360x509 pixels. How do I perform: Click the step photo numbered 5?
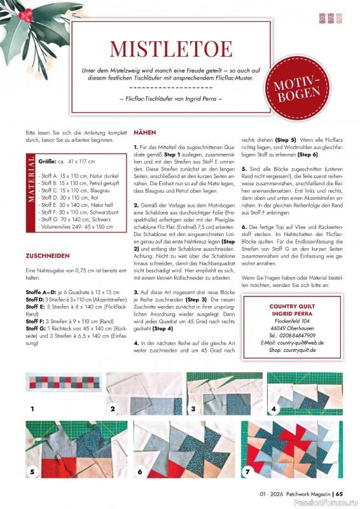61,449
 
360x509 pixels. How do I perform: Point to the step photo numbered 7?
291,449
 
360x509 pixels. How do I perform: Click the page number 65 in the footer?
340,492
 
